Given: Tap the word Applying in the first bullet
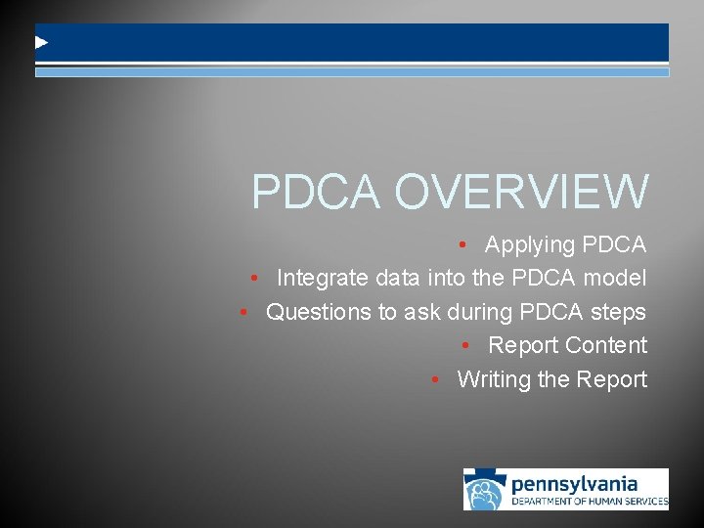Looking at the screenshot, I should tap(529, 244).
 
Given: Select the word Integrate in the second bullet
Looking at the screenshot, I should tap(323, 279).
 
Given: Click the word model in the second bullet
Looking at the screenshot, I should tap(615, 279).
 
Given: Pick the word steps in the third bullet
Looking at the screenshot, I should tap(618, 312).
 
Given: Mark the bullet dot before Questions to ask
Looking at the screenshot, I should tap(245, 313).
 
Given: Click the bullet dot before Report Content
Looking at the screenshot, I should tap(467, 346).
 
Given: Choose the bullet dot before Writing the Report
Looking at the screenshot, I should tap(436, 380).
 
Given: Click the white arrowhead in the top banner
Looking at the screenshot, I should tap(41, 43).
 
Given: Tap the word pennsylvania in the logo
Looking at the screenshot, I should tap(574, 483).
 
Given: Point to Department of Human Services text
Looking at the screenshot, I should tap(590, 502).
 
